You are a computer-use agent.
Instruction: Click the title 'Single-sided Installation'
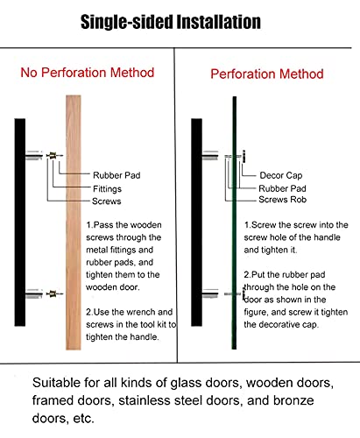[x=171, y=22]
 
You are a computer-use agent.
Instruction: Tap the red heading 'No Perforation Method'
[x=88, y=73]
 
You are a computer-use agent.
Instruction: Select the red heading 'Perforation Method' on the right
[x=267, y=74]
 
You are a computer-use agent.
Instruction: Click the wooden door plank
[x=74, y=223]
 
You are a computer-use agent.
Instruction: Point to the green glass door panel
[x=234, y=223]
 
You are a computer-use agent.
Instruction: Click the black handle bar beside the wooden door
[x=20, y=223]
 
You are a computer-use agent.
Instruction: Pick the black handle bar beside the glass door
[x=196, y=223]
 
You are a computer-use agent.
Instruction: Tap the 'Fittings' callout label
[x=107, y=189]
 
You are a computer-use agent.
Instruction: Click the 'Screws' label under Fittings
[x=107, y=201]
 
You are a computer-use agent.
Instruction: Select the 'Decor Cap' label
[x=281, y=175]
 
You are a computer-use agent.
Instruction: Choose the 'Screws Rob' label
[x=283, y=200]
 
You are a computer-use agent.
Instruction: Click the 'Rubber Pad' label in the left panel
[x=116, y=175]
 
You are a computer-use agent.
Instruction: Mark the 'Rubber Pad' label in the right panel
[x=282, y=188]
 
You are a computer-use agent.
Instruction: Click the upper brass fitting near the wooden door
[x=53, y=156]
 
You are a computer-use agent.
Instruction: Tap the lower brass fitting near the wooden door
[x=53, y=293]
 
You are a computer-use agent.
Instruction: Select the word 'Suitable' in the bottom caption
[x=55, y=383]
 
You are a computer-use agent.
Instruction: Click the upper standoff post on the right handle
[x=210, y=155]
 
